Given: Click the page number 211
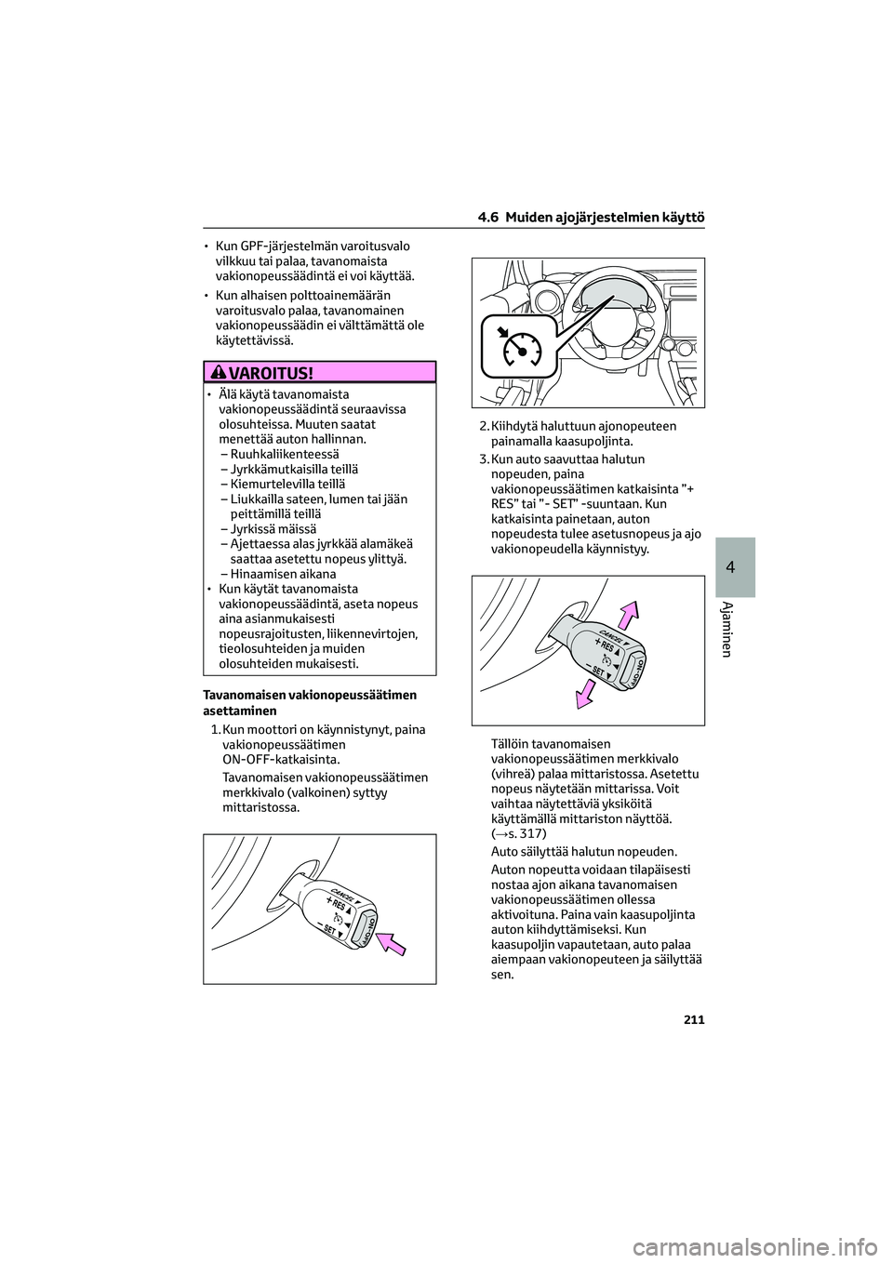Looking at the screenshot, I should (x=692, y=1019).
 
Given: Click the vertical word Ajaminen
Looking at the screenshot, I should (x=736, y=629).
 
